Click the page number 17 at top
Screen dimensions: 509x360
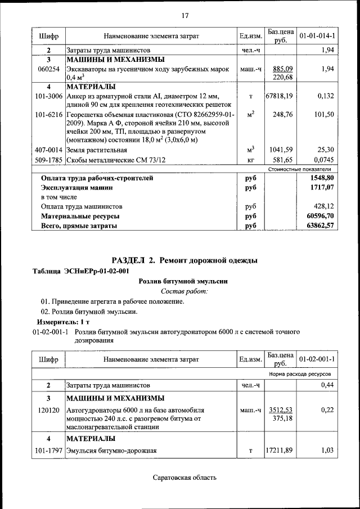coord(184,15)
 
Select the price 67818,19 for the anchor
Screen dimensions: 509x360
coord(279,96)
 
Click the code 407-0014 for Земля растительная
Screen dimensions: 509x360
coord(49,150)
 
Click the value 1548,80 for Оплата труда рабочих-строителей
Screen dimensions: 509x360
coord(320,178)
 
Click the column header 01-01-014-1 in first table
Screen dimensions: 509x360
coord(317,36)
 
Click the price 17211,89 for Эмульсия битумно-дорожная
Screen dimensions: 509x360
coord(279,451)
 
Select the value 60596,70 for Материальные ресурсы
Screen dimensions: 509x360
coord(318,216)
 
